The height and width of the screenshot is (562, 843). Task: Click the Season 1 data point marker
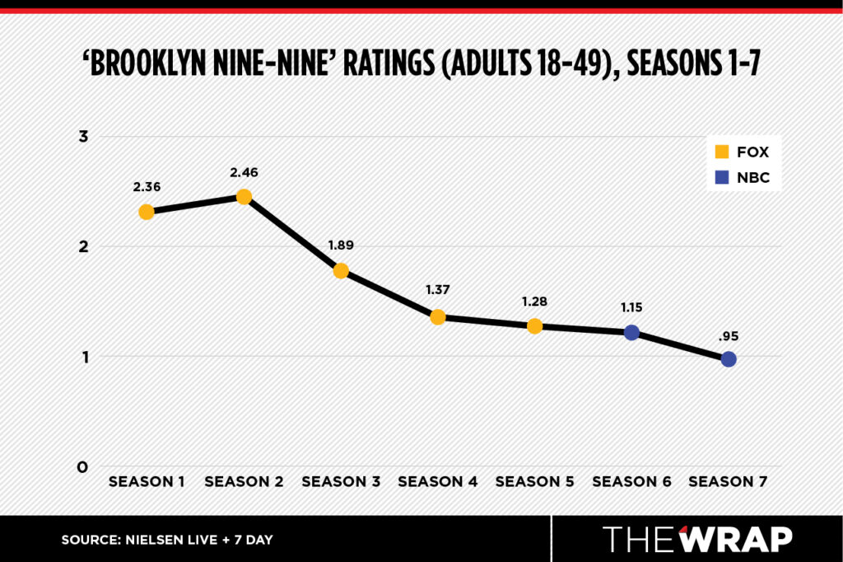click(x=147, y=212)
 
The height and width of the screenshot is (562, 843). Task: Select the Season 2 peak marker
click(x=244, y=197)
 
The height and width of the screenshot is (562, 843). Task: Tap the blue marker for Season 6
click(x=631, y=332)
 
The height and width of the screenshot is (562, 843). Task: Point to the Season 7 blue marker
click(x=729, y=359)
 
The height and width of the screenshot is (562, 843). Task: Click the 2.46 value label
click(x=244, y=172)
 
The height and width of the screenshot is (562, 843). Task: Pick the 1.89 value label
click(x=341, y=246)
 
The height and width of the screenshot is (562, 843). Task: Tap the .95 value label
click(x=729, y=336)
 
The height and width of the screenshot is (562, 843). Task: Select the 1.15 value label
click(x=631, y=307)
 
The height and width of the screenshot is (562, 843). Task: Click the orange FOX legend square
click(x=722, y=152)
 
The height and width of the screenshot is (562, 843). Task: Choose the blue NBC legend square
click(x=722, y=177)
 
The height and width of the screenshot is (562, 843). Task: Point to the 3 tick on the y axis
click(x=83, y=136)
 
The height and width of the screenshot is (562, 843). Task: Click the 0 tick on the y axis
click(x=83, y=467)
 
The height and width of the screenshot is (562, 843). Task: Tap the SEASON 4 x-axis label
click(x=437, y=481)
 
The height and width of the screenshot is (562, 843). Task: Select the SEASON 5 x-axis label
click(x=534, y=481)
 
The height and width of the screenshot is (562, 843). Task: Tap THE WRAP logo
click(x=698, y=539)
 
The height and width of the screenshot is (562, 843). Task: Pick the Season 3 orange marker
click(x=341, y=271)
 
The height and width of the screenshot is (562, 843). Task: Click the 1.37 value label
click(x=437, y=290)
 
